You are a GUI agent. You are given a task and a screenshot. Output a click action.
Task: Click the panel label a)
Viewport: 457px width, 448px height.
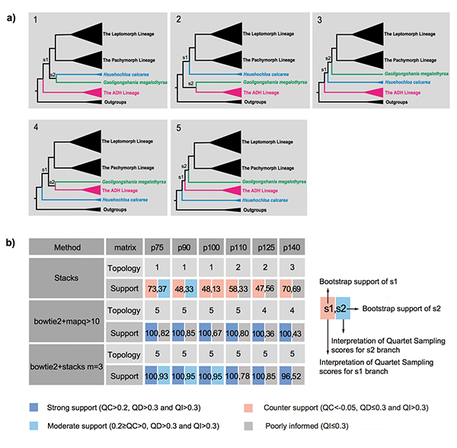(x=8, y=8)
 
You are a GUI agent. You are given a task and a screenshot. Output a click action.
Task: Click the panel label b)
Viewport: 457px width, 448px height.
(x=8, y=243)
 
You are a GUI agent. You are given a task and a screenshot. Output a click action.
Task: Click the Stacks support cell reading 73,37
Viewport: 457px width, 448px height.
(x=158, y=288)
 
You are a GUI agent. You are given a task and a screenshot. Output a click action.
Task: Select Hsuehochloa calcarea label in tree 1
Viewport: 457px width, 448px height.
(x=87, y=75)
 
